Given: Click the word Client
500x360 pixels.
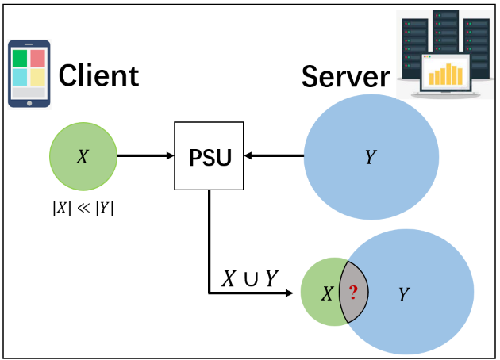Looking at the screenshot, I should (99, 75).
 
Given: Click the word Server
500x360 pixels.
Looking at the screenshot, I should (345, 77).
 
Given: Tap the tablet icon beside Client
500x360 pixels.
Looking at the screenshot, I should (29, 73).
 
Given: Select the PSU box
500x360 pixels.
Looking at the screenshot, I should (209, 156).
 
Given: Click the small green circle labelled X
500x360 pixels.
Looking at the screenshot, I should (83, 156).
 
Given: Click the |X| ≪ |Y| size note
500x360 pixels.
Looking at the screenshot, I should (83, 210).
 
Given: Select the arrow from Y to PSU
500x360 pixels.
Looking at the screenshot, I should (273, 156).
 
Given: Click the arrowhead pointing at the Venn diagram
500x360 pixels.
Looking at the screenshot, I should (287, 293).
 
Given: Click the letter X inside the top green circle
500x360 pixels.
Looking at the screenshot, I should (83, 157).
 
